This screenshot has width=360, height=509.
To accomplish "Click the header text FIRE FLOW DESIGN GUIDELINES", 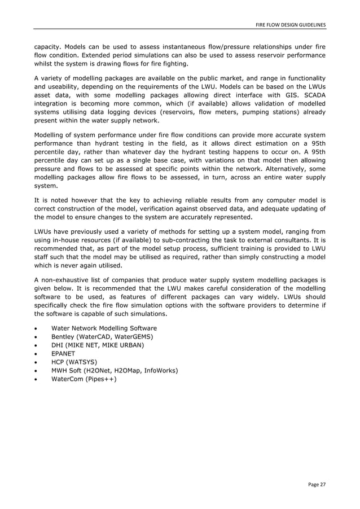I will [x=291, y=25].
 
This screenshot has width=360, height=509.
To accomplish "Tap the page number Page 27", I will [x=317, y=484].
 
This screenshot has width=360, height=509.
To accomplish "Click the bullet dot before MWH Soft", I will [x=37, y=370].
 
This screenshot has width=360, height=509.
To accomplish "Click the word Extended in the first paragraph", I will [x=99, y=55].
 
